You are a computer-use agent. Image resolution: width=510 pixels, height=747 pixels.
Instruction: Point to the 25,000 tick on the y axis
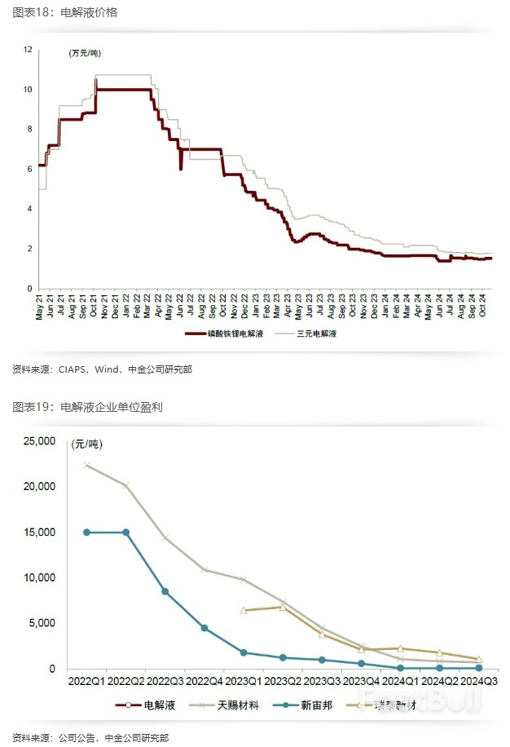[37, 441]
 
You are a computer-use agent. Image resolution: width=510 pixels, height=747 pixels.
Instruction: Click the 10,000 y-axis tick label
[37, 577]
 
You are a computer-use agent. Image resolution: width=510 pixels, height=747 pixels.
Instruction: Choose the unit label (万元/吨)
[85, 54]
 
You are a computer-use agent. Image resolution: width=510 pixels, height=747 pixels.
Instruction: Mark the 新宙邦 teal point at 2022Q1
[86, 533]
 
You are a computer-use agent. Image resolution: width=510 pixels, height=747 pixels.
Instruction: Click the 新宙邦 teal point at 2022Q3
[165, 591]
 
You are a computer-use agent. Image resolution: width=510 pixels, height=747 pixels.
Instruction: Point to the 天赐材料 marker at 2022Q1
[86, 466]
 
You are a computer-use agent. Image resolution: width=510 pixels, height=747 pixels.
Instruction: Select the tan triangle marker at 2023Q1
[244, 610]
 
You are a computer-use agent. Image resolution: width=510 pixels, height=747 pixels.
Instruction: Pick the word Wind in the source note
[108, 369]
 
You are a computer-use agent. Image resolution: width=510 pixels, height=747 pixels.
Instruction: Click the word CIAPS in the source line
[71, 369]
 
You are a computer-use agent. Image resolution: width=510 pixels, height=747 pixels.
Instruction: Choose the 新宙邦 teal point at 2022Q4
[204, 628]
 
